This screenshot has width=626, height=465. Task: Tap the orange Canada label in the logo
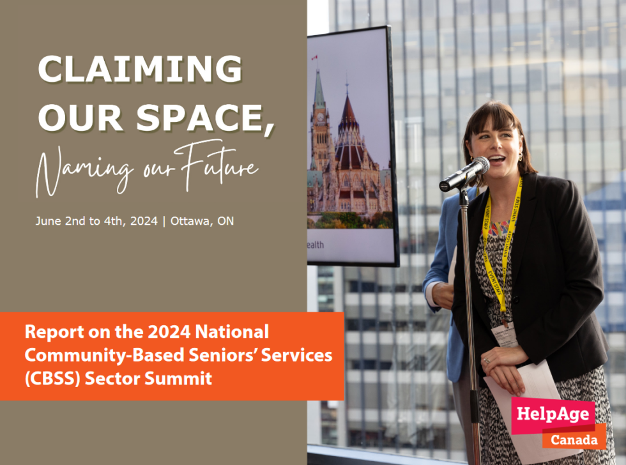pos(573,440)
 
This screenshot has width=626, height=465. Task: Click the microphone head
pos(477,167)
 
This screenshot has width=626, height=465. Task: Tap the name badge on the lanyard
pos(505,334)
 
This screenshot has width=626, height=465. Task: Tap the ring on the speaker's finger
pos(487,360)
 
